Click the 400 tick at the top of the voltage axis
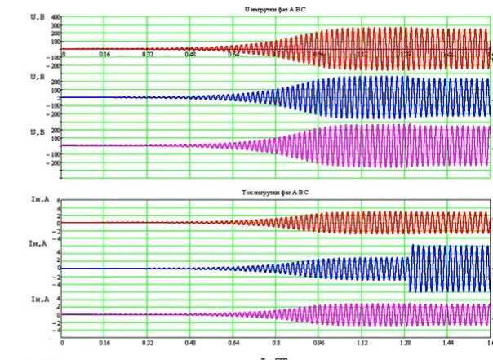point(56,16)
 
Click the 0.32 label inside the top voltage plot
point(148,55)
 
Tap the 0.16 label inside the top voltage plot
point(104,55)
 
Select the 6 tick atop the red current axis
point(58,199)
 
